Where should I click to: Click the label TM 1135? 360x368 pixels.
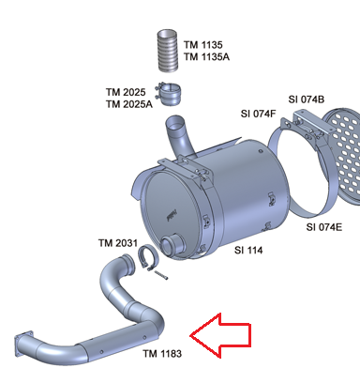coord(203,45)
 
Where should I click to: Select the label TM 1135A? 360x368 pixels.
coord(206,56)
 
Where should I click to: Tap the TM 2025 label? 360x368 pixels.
coord(126,92)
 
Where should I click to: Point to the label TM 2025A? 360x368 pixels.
coord(129,104)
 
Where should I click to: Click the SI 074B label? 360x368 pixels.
coord(307,100)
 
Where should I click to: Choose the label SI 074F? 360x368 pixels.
coord(259,114)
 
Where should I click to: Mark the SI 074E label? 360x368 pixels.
coord(324,227)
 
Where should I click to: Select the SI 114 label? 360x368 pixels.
coord(248,250)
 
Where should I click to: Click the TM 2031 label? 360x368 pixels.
coord(118,243)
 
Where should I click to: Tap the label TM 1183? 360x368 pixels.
coord(162,354)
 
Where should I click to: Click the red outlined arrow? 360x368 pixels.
coord(220,335)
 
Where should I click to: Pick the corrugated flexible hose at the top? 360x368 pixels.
coord(167,51)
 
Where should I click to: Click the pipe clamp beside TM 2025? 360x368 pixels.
coord(169,94)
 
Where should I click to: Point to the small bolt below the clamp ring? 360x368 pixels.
coord(161,275)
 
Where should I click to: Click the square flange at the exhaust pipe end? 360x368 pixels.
coord(23,344)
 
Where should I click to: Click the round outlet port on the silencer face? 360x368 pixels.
coord(172,246)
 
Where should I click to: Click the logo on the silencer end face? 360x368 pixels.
coord(172,215)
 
